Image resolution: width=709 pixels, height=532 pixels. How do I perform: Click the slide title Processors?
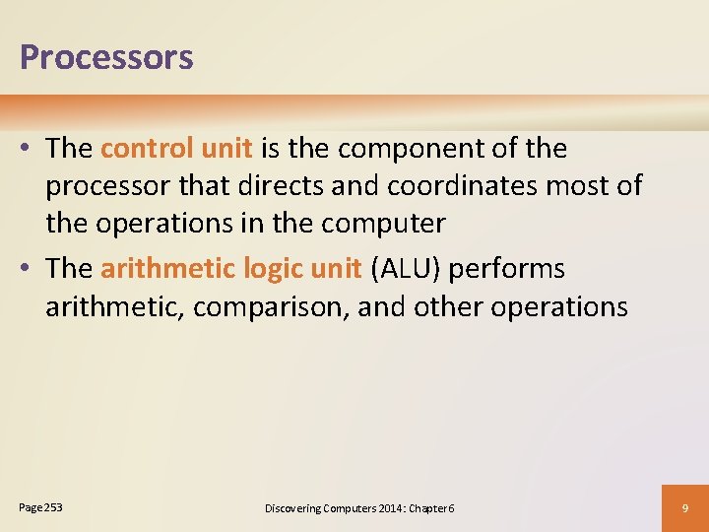pyautogui.click(x=106, y=57)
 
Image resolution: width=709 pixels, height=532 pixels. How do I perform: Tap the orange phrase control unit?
pyautogui.click(x=177, y=149)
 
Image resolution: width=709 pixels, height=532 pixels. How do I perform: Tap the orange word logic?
pyautogui.click(x=264, y=269)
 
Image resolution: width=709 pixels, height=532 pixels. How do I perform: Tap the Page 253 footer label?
pyautogui.click(x=40, y=507)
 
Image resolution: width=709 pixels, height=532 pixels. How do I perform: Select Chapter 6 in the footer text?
pyautogui.click(x=430, y=508)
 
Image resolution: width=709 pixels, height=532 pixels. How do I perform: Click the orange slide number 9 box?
pyautogui.click(x=685, y=507)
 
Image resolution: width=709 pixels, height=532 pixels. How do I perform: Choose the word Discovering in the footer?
pyautogui.click(x=292, y=508)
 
